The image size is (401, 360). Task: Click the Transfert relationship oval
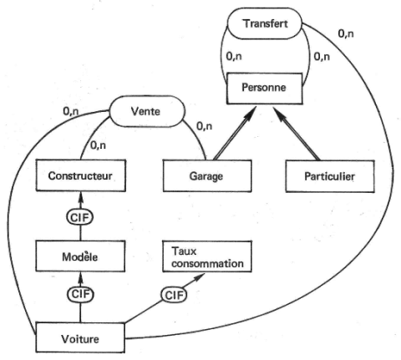(x=265, y=23)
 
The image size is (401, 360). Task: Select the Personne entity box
(x=265, y=89)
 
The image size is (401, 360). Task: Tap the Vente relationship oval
(x=147, y=111)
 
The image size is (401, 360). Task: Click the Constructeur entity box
(x=81, y=175)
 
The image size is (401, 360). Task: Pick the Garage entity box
(x=207, y=176)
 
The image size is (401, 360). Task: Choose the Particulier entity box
(x=330, y=176)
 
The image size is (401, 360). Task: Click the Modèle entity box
(x=80, y=256)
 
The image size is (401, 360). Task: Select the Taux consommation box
(x=207, y=256)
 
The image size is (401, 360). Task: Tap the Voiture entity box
(x=80, y=337)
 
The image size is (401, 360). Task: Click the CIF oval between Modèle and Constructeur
(x=80, y=217)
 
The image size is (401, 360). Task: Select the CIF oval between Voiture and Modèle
(x=80, y=295)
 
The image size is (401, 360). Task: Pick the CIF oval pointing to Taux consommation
(x=174, y=295)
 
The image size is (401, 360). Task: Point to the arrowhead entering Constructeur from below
(x=81, y=196)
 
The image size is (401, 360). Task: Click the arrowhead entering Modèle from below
(x=81, y=277)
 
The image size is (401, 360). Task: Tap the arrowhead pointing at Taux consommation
(x=200, y=277)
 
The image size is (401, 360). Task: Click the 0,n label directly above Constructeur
(x=98, y=145)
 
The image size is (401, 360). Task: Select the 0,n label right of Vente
(x=205, y=126)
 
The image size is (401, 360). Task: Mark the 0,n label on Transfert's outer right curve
(x=346, y=33)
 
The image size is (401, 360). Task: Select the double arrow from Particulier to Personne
(x=297, y=134)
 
